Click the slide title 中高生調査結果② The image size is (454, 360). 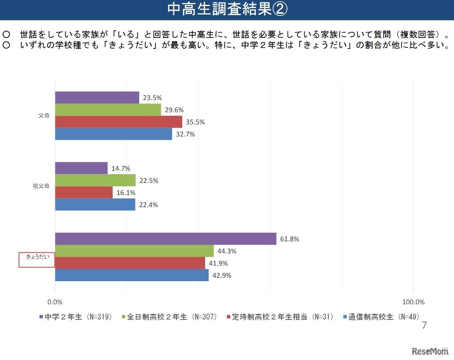(x=227, y=10)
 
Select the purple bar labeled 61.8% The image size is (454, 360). (x=165, y=239)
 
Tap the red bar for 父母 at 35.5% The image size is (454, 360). (x=118, y=122)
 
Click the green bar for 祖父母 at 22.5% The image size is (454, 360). (x=95, y=180)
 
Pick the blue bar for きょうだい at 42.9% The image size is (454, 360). (x=132, y=275)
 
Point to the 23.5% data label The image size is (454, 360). (x=152, y=98)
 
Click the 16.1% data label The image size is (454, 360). (x=126, y=193)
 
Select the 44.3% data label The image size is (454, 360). (x=227, y=251)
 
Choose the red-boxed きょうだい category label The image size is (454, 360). (x=37, y=257)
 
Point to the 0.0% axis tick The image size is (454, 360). (x=55, y=302)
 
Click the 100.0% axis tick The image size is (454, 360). (x=413, y=302)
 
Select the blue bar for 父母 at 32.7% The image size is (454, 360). (x=113, y=134)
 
